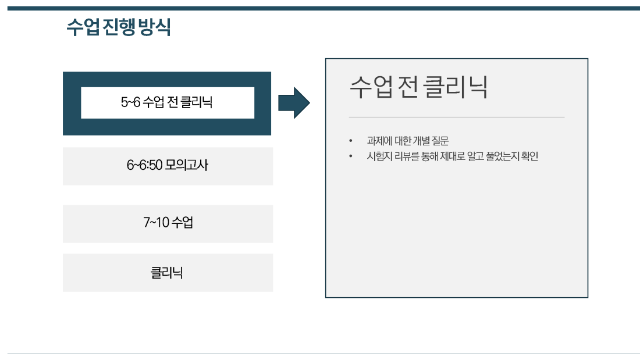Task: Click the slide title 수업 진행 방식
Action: [x=118, y=27]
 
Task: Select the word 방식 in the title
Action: [x=154, y=27]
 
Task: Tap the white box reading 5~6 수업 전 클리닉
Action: [x=168, y=102]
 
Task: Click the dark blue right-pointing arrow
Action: [x=294, y=103]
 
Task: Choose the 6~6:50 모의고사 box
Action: [x=168, y=166]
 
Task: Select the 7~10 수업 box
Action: [x=168, y=224]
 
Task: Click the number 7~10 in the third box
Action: [x=156, y=222]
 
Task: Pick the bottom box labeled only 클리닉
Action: [x=168, y=273]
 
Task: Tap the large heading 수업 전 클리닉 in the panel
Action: [x=418, y=87]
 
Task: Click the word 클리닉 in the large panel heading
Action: [x=455, y=87]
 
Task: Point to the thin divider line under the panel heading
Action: [x=457, y=117]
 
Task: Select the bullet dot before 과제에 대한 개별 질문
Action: [x=351, y=141]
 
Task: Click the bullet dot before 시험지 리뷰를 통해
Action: [x=351, y=156]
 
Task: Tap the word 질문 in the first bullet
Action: [x=440, y=141]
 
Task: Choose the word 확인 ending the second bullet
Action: [x=530, y=156]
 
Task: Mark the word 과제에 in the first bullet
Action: [x=379, y=141]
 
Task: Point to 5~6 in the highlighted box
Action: [x=130, y=102]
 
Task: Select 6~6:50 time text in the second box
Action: [x=144, y=165]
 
